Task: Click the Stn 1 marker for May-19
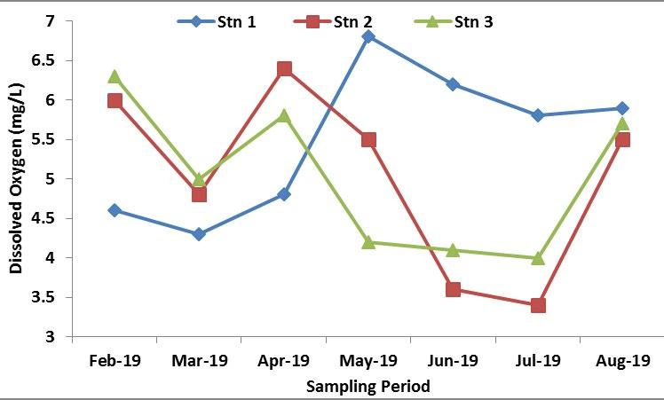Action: pos(368,36)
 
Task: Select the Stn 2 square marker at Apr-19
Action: pos(284,68)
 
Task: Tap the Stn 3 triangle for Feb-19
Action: pos(114,76)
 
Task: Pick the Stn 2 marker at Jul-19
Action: pos(538,305)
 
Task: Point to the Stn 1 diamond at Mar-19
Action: pos(199,234)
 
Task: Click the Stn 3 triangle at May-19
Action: pos(368,241)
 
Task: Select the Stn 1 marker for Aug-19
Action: pos(622,108)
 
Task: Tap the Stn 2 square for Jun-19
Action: pos(453,289)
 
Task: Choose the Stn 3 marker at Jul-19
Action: pos(538,257)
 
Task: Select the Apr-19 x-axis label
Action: pos(284,361)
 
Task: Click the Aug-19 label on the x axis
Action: pos(622,361)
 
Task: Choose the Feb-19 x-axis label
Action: pos(114,361)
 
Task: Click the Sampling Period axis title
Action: pos(368,386)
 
